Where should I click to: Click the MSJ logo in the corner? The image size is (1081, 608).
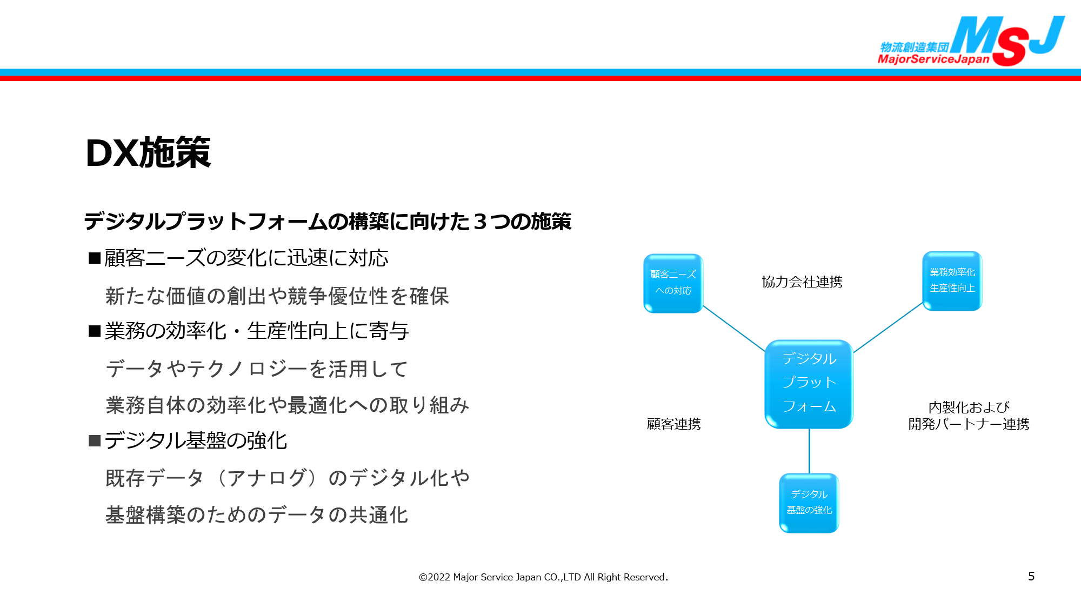tap(971, 41)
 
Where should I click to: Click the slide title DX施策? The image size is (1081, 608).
tap(148, 152)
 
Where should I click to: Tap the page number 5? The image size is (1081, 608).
tap(1031, 576)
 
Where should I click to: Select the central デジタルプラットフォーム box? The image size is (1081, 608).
tap(809, 384)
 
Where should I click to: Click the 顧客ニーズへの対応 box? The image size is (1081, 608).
tap(673, 283)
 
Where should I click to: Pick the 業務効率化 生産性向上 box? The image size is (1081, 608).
tap(952, 280)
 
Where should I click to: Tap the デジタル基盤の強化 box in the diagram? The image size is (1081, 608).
tap(809, 503)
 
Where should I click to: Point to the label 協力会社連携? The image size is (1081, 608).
tap(802, 282)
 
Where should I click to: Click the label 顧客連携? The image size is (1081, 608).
tap(674, 424)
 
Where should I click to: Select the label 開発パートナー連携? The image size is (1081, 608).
tap(969, 424)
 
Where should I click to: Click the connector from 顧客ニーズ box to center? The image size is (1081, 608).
tap(734, 329)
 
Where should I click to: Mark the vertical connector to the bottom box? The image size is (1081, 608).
tap(809, 451)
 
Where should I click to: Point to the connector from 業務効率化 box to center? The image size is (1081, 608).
tap(888, 327)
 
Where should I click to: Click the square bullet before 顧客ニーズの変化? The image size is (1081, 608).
tap(95, 258)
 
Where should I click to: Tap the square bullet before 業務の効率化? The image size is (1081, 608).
tap(95, 331)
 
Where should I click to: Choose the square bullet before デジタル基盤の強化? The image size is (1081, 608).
tap(95, 440)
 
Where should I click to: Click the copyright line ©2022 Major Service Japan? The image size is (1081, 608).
tap(543, 577)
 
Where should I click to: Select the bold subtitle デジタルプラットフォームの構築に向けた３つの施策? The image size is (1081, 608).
tap(328, 222)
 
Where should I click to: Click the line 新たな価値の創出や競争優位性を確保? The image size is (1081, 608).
tap(277, 296)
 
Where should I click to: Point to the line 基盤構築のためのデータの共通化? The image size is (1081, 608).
tap(257, 515)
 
